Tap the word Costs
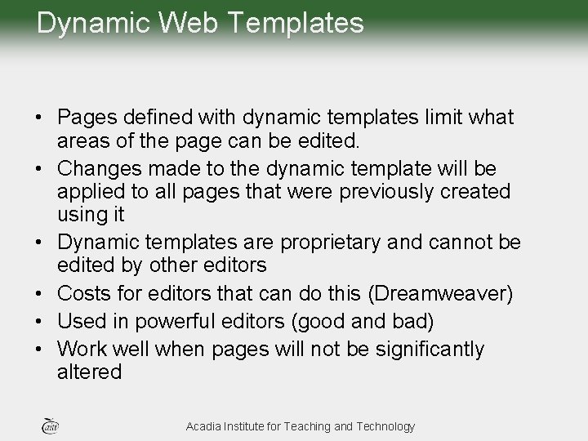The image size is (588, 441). [84, 293]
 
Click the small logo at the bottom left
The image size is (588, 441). [50, 425]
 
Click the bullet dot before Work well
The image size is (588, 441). [40, 350]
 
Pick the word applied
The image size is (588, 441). [87, 192]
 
